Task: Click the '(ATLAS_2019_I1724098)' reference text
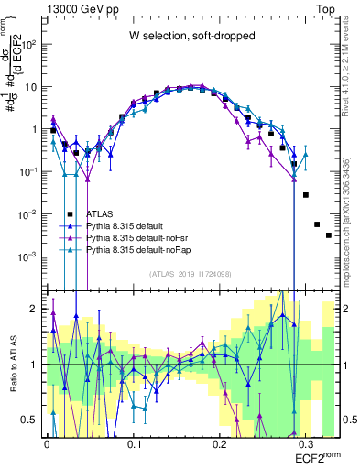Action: click(x=191, y=273)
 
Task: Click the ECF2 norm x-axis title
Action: click(x=315, y=455)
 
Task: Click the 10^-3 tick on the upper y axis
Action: click(x=28, y=257)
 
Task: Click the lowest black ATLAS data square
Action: click(x=329, y=235)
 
